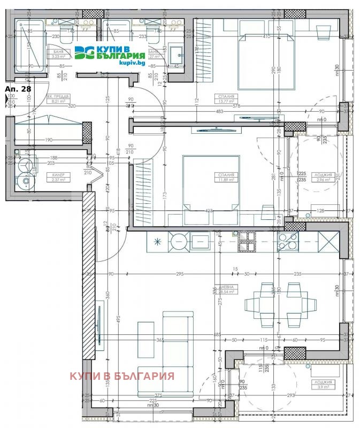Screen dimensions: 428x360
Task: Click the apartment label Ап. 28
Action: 17,89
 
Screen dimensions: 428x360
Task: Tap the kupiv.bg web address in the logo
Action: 133,63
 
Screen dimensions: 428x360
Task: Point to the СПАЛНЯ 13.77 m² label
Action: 226,98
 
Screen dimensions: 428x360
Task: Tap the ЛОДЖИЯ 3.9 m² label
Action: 324,384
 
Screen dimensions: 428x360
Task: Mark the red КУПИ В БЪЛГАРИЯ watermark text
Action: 122,376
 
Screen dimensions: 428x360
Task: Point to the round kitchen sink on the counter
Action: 178,242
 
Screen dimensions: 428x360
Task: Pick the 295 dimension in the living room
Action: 179,274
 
